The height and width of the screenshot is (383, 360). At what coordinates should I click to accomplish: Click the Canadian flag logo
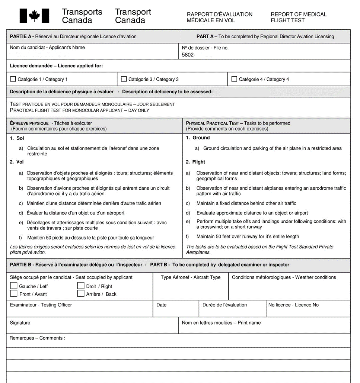(34, 16)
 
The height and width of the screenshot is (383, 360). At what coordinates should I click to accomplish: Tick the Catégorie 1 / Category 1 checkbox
(13, 79)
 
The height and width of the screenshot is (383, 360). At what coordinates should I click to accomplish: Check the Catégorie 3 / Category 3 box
(124, 79)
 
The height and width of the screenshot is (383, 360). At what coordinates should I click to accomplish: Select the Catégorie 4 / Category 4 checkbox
(234, 79)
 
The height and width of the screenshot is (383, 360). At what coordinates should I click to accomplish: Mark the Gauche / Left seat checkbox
(14, 286)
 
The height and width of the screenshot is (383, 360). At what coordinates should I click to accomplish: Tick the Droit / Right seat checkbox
(81, 286)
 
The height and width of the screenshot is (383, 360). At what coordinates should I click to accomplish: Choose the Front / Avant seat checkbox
(14, 293)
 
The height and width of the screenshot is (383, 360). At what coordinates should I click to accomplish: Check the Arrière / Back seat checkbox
(81, 293)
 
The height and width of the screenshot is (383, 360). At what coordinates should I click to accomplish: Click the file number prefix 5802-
(188, 55)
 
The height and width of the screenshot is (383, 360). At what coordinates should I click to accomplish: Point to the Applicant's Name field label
(47, 48)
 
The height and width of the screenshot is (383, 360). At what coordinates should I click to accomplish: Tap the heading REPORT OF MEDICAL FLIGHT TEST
(298, 17)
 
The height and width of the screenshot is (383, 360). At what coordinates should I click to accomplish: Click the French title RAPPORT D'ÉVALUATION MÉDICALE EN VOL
(219, 17)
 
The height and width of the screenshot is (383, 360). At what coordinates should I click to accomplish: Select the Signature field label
(20, 323)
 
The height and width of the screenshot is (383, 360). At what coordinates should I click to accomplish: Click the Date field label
(161, 305)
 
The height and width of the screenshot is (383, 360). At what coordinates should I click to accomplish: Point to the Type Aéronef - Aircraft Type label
(191, 277)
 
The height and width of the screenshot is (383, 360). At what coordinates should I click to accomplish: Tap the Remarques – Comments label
(37, 338)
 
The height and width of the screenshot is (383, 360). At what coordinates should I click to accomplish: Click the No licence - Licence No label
(293, 305)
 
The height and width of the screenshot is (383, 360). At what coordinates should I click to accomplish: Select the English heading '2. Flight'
(195, 162)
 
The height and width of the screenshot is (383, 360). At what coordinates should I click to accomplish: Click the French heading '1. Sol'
(17, 138)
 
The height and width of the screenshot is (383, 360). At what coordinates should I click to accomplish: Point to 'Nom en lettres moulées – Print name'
(221, 323)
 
